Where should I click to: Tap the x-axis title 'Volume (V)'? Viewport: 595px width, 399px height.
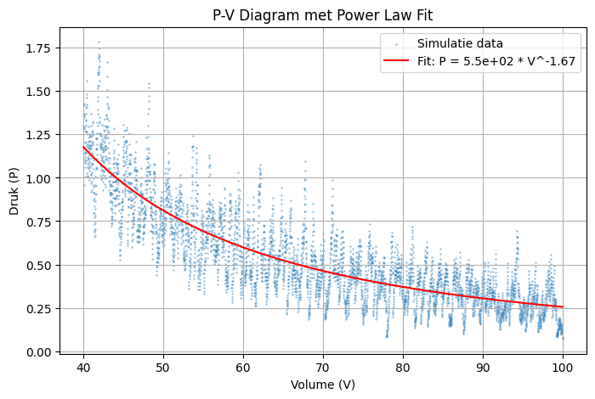(323, 385)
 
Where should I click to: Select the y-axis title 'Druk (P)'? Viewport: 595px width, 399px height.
(14, 190)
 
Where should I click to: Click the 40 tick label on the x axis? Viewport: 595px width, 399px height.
(83, 367)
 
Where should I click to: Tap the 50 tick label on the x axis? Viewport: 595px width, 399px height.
(163, 367)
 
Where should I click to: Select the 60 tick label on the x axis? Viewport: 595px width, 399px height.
(243, 367)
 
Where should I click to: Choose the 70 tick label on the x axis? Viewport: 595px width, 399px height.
(323, 367)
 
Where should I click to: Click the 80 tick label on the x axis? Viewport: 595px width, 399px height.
(403, 367)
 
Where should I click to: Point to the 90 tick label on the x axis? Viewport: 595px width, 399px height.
(483, 367)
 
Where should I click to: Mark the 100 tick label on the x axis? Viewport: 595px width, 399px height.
(563, 367)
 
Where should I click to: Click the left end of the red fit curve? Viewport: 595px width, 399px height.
(83, 147)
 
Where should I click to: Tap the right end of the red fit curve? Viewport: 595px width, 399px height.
(563, 306)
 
